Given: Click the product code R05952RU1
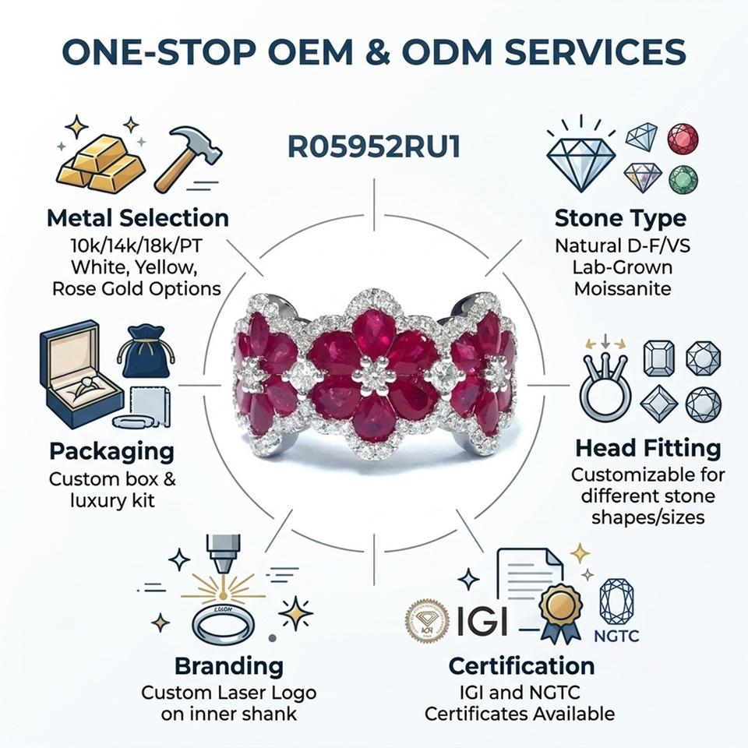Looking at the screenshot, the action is coord(374,146).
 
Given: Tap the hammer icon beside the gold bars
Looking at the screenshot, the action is coord(189,157).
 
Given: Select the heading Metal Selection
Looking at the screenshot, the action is coord(138,218).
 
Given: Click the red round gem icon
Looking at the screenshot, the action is coord(683,139).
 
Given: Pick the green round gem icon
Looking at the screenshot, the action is coord(683,180).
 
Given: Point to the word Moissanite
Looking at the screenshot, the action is coord(623,288).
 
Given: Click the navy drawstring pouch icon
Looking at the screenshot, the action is coord(145,351).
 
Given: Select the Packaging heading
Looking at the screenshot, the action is coord(112,451).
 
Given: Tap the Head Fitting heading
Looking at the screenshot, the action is coord(647,448).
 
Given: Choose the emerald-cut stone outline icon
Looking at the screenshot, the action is coord(659,358).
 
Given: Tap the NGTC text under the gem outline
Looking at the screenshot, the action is coord(616,636).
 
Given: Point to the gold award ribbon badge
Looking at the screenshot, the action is coord(560,612).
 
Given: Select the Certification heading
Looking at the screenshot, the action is coord(521,666).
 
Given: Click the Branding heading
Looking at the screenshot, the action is coord(229,666).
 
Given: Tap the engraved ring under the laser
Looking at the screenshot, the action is coord(224,624).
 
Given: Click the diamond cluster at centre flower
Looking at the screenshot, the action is coord(373,377).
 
